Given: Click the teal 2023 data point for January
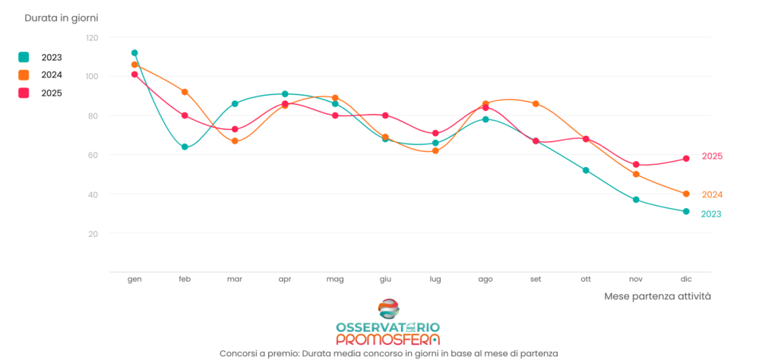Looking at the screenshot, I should pyautogui.click(x=134, y=53).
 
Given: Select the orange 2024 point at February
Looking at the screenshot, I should pyautogui.click(x=185, y=92).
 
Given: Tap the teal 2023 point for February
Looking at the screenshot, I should pyautogui.click(x=185, y=147).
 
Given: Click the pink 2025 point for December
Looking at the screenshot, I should pyautogui.click(x=686, y=159).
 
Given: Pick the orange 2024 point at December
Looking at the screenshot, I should pyautogui.click(x=686, y=194).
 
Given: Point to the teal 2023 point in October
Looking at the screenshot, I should pyautogui.click(x=586, y=170).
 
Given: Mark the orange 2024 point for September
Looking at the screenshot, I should pyautogui.click(x=536, y=103).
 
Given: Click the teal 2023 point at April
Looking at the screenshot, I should pyautogui.click(x=285, y=94).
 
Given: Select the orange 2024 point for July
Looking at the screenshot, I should pyautogui.click(x=435, y=150).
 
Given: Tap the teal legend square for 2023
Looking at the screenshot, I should pyautogui.click(x=24, y=57).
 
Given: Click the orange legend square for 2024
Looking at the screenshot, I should pyautogui.click(x=24, y=75).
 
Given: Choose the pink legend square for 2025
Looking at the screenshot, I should pyautogui.click(x=24, y=93).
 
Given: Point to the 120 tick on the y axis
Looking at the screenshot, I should pyautogui.click(x=92, y=37).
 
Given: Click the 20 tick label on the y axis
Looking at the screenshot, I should pyautogui.click(x=93, y=233).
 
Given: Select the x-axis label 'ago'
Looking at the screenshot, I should pyautogui.click(x=485, y=279).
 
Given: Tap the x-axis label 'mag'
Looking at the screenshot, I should pyautogui.click(x=335, y=279).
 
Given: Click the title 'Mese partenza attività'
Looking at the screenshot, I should pyautogui.click(x=657, y=296).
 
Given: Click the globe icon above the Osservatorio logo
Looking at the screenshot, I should pyautogui.click(x=388, y=309).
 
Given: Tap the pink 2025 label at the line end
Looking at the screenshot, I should pyautogui.click(x=712, y=156).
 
